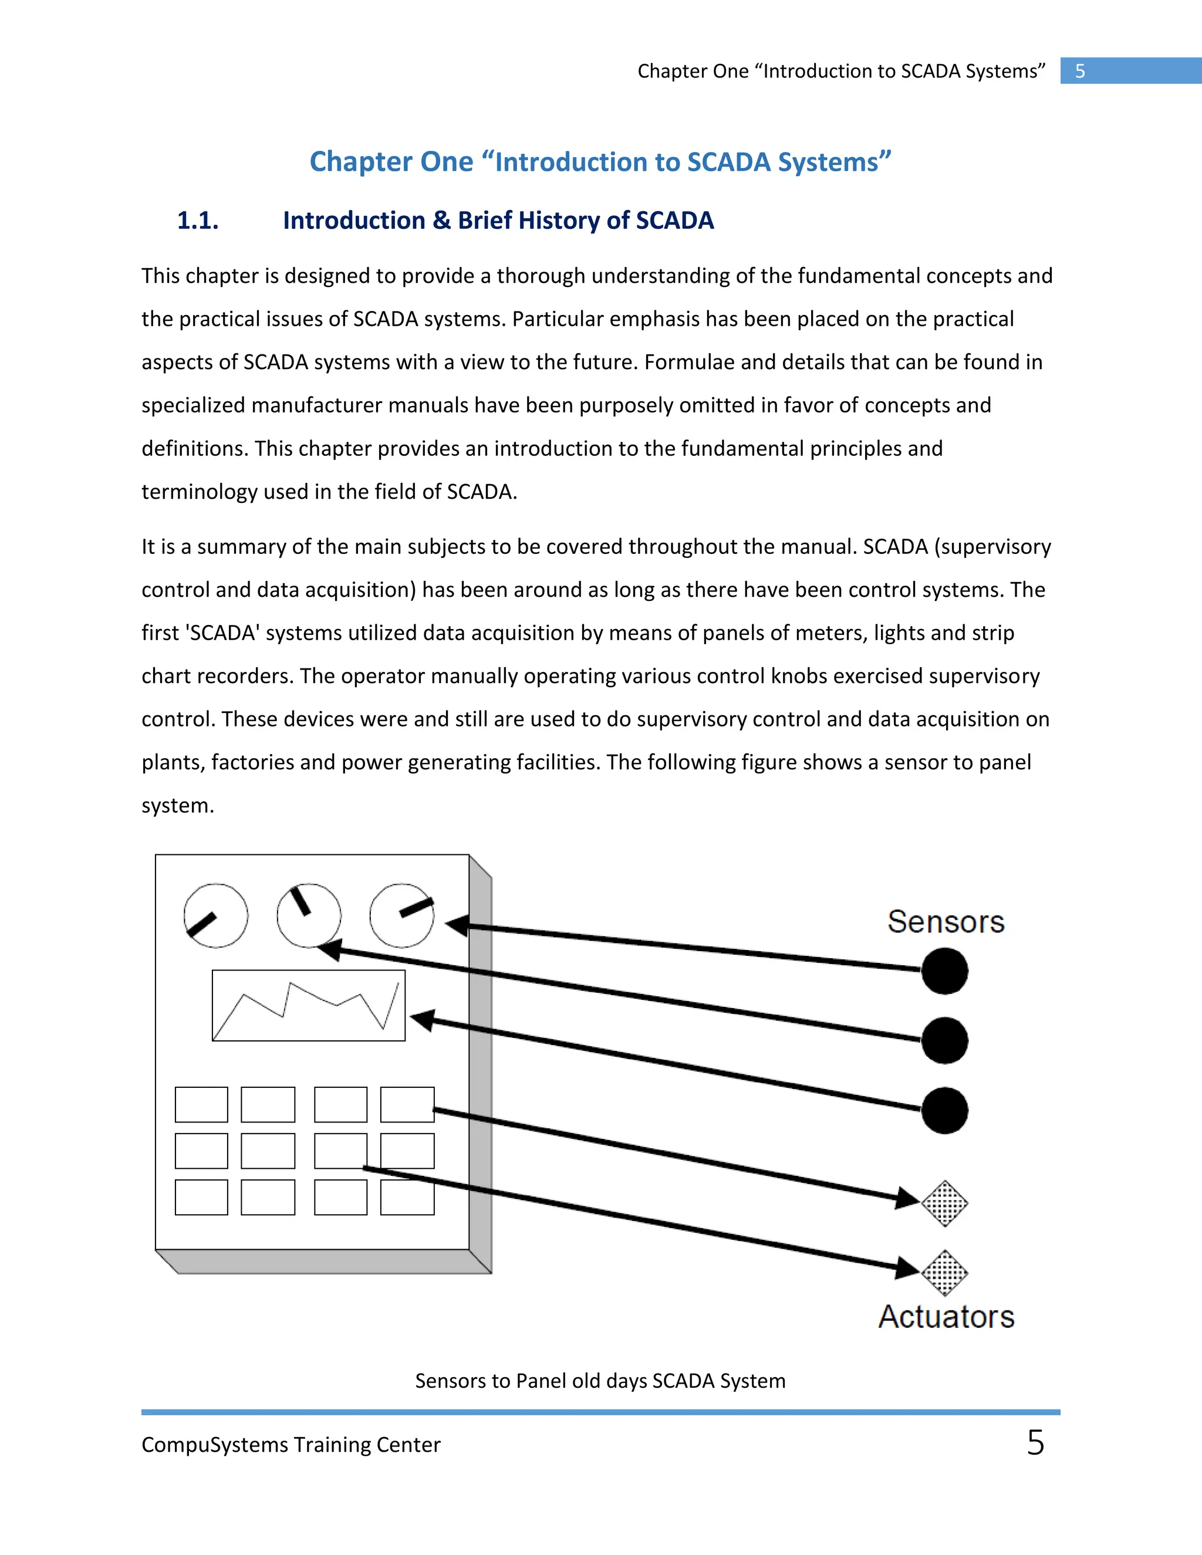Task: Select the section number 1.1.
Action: pos(197,221)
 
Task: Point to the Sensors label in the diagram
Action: pos(946,921)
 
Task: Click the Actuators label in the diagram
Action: pos(946,1317)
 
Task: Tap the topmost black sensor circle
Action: pos(944,971)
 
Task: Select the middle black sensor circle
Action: pos(944,1040)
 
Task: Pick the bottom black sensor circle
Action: pos(944,1110)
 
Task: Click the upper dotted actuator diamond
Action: pos(944,1204)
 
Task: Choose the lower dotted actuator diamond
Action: pos(944,1273)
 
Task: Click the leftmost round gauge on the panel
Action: pos(216,915)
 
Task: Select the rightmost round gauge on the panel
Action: pos(401,915)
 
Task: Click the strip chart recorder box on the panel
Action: pos(308,1005)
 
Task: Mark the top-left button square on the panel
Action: pos(201,1104)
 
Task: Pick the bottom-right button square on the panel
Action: pos(407,1197)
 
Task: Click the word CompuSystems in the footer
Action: pos(214,1445)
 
